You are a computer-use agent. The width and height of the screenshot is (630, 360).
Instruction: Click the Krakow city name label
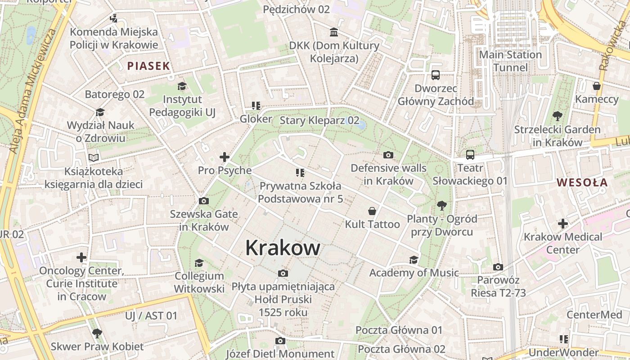(283, 248)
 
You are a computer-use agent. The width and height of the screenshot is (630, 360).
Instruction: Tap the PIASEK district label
(148, 66)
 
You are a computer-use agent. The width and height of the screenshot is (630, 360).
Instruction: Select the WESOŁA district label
(582, 183)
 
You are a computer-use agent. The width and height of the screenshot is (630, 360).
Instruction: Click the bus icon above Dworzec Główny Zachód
(436, 75)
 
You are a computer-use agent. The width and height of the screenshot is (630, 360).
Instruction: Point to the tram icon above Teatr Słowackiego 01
(470, 155)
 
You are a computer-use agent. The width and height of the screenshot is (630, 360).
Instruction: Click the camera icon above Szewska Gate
(204, 201)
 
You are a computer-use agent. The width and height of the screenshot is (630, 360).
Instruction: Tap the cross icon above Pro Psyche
(225, 157)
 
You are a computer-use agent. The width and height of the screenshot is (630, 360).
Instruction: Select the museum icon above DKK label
(334, 32)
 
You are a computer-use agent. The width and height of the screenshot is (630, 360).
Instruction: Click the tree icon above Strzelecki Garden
(557, 116)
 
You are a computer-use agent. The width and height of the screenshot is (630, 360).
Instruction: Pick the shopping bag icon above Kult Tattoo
(372, 211)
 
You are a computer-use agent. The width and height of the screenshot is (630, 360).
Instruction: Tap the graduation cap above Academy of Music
(414, 260)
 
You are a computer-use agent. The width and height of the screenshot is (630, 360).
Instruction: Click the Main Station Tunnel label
(510, 61)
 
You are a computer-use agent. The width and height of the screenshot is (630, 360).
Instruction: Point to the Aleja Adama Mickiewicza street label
(34, 90)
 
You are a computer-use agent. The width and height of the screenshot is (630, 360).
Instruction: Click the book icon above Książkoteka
(94, 158)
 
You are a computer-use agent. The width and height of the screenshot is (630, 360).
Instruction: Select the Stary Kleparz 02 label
(319, 120)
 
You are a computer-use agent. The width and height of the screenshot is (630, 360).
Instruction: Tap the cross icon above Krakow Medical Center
(563, 223)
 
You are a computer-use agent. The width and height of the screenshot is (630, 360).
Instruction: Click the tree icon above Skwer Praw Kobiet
(97, 333)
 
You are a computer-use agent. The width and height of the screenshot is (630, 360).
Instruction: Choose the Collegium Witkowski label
(199, 282)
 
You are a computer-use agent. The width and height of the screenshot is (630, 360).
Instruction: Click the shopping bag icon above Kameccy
(597, 85)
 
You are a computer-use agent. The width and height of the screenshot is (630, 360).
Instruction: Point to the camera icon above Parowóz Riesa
(498, 267)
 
